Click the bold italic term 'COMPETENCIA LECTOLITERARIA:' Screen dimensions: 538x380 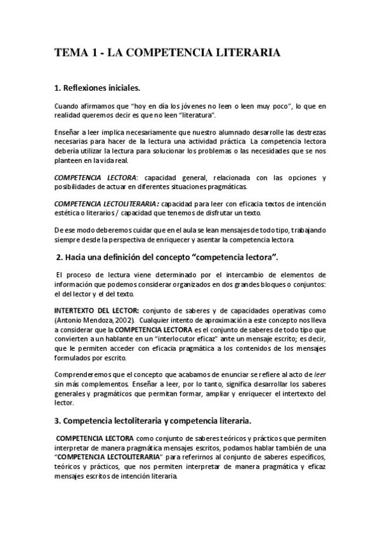[107, 204]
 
